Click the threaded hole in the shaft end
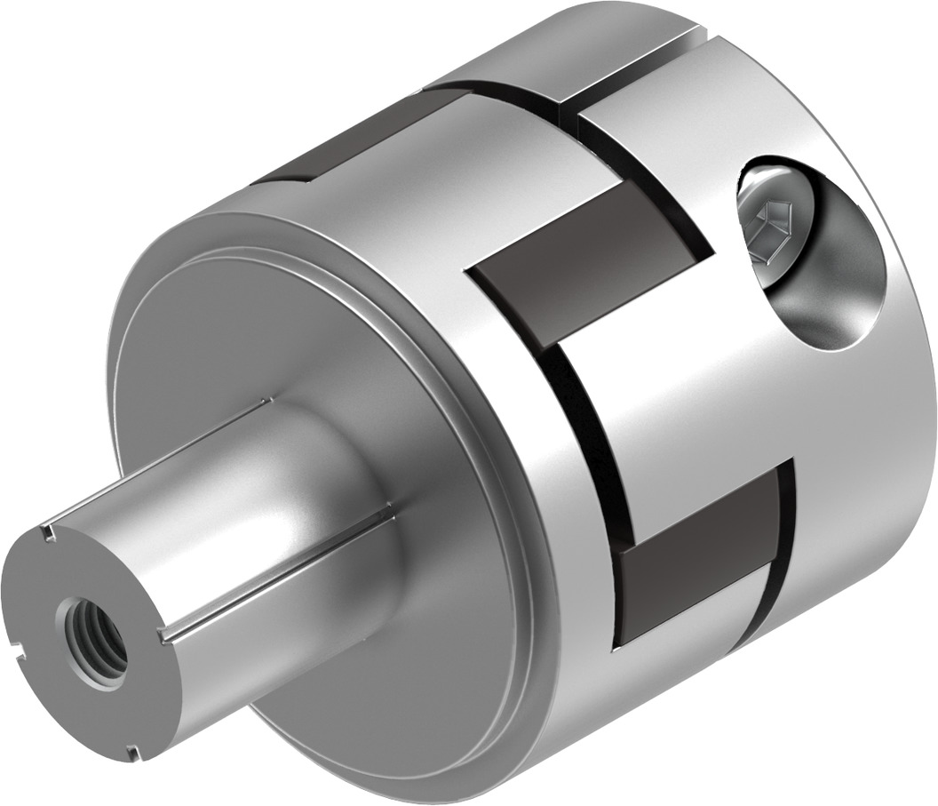[92, 634]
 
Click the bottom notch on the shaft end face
[132, 754]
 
